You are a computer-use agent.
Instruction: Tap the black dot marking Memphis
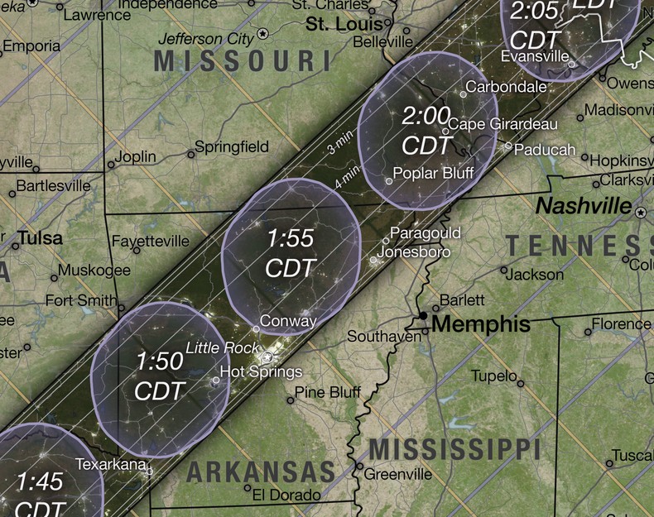[423, 316]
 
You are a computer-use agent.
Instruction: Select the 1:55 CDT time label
[290, 252]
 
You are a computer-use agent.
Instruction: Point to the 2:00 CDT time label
[426, 130]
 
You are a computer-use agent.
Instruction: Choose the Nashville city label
[584, 205]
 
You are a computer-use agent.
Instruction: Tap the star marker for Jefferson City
[263, 34]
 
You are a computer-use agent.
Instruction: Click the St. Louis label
[340, 25]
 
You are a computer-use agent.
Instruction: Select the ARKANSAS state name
[260, 472]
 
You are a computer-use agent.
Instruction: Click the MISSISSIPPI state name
[454, 449]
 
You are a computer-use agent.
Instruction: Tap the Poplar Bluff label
[433, 173]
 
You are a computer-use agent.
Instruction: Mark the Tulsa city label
[40, 238]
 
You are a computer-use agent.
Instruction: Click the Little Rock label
[222, 348]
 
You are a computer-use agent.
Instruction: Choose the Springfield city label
[231, 147]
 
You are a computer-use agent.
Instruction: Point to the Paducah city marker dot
[508, 146]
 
